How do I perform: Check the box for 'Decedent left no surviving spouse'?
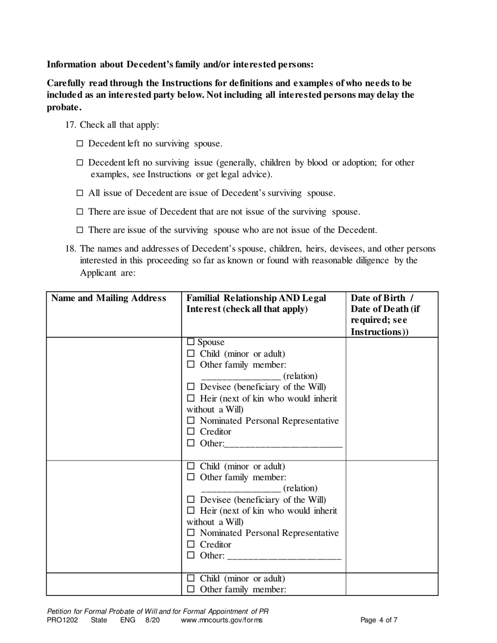80,144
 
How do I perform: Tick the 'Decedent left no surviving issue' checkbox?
80,163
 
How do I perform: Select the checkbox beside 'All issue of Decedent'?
80,193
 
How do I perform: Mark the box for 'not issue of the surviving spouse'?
80,212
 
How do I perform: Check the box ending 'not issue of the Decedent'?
80,230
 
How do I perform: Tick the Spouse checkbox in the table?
191,342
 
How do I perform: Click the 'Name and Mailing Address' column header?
108,298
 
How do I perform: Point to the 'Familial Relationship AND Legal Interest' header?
256,304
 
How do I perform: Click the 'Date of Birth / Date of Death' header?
385,315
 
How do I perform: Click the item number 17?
71,125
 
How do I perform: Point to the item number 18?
71,249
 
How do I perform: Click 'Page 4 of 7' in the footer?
379,621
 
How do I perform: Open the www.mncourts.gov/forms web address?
221,621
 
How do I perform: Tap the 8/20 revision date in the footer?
152,621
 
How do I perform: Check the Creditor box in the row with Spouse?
191,432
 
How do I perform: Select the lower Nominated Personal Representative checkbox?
191,533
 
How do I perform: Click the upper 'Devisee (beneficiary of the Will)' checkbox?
191,387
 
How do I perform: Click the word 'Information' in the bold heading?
72,64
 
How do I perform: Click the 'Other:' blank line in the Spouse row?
283,444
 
